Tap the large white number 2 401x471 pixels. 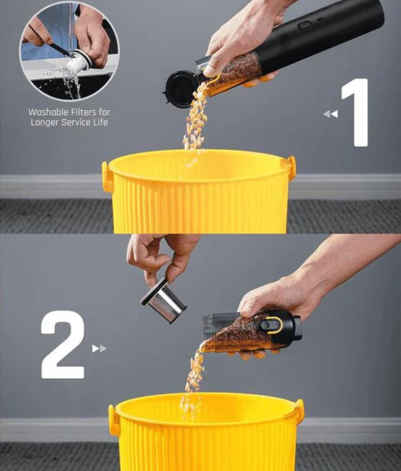coord(62,344)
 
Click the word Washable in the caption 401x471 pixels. coord(48,112)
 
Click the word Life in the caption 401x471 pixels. coord(100,123)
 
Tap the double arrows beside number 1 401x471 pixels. coord(330,114)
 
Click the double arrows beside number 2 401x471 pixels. coord(100,348)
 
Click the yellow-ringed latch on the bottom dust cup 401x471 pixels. coord(270,325)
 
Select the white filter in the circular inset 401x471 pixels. coord(79,61)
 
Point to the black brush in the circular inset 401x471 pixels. coord(58,48)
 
